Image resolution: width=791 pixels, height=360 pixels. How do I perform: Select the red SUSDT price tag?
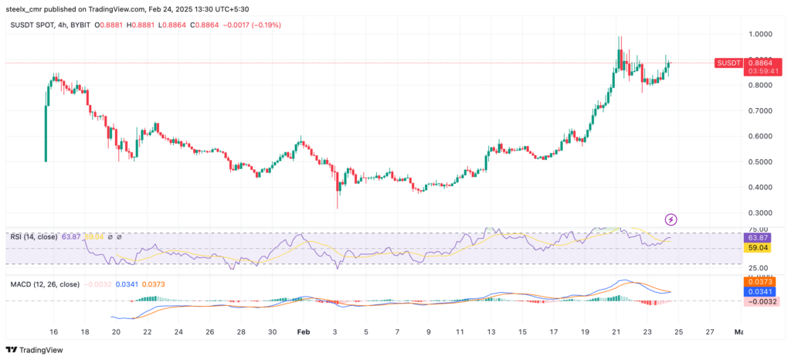728,63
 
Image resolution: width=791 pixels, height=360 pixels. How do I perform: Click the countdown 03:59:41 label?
761,72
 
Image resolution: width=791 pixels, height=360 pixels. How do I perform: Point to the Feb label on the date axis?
304,332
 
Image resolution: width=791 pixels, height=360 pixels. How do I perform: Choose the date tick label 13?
491,332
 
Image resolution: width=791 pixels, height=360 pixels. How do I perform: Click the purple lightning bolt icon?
671,219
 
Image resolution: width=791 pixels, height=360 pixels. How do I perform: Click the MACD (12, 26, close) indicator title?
45,284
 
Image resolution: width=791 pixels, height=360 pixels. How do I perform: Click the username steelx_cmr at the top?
29,9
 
